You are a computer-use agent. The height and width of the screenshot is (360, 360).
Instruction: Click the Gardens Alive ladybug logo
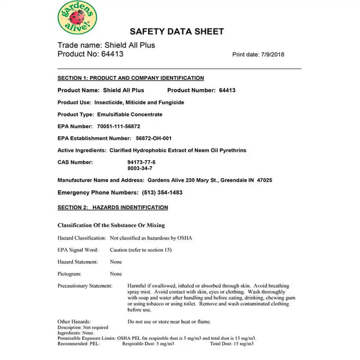pos(77,17)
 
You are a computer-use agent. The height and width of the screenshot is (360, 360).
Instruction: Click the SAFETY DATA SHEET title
pos(177,32)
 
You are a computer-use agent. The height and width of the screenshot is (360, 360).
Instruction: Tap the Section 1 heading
pos(130,78)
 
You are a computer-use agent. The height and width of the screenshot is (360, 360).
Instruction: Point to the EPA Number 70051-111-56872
pos(119,127)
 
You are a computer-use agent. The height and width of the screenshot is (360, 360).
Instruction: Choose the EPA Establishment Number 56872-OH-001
pos(154,138)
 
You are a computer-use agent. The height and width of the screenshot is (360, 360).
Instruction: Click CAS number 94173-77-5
pos(141,162)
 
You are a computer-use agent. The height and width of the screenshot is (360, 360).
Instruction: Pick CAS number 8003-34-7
pos(139,168)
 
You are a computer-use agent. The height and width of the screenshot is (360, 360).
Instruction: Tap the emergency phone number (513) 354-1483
pos(158,192)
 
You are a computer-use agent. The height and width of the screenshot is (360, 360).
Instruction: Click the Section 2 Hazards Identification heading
pos(112,208)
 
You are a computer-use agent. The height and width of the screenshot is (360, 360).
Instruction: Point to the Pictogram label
pos(69,274)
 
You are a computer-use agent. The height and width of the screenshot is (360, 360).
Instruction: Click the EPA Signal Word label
pos(78,250)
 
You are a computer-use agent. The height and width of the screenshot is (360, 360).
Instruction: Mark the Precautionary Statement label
pos(84,286)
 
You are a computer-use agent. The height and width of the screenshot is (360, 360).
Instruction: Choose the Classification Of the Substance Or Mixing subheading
pos(111,226)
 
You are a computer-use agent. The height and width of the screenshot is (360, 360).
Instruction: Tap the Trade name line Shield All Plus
pos(106,45)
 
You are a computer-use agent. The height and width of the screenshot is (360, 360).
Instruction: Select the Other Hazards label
pos(74,322)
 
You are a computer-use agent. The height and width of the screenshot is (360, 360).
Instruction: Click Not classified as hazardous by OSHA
pos(151,238)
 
